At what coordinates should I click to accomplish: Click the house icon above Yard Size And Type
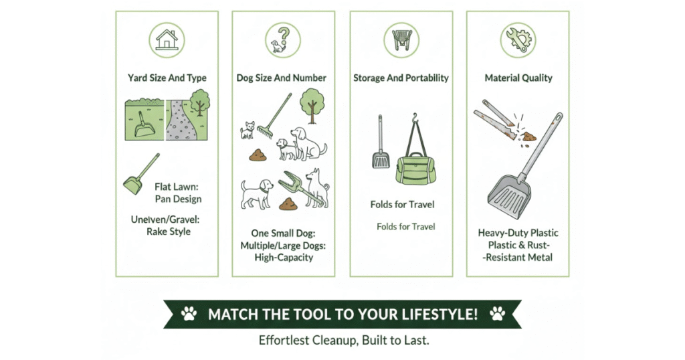167,40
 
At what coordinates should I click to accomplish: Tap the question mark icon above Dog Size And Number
283,40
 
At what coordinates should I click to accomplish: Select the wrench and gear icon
518,40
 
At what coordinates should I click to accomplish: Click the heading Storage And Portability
401,78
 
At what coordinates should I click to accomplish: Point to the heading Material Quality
518,78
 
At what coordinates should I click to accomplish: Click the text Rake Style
169,232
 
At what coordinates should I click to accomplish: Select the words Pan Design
178,199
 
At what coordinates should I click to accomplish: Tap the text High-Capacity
284,258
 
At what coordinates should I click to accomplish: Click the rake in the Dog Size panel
274,116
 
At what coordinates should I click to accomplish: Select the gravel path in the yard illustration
180,120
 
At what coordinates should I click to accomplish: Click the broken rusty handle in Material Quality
498,118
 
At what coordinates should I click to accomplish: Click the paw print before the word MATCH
189,313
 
